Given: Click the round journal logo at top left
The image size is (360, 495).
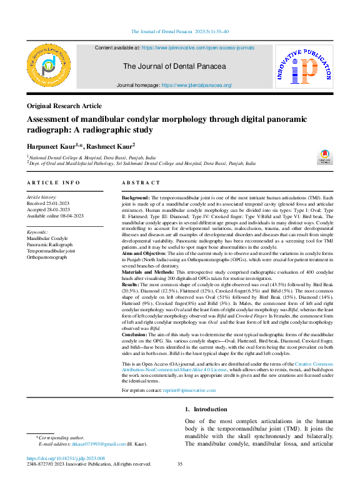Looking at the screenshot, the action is click(x=51, y=66).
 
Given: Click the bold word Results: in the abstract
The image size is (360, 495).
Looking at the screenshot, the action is click(x=133, y=284).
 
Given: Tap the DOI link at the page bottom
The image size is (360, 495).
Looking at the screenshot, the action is click(x=66, y=458).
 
